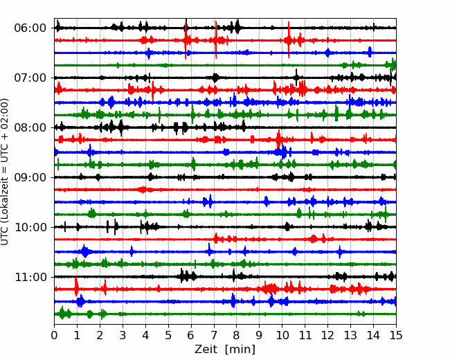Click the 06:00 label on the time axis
click(30, 28)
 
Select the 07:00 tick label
click(30, 78)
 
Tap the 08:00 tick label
click(30, 127)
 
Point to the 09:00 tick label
click(30, 177)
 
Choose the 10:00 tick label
click(30, 227)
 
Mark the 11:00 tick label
click(30, 277)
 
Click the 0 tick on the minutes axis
click(54, 335)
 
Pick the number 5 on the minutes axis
click(168, 335)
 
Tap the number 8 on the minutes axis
click(237, 335)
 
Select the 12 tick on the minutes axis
click(327, 335)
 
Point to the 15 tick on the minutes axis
click(396, 335)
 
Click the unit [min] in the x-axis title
click(240, 350)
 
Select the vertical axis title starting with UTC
click(5, 172)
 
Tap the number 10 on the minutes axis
click(282, 335)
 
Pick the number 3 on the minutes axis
click(123, 335)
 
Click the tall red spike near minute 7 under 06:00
click(216, 39)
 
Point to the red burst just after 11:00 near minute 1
click(76, 287)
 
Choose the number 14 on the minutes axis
click(373, 335)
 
